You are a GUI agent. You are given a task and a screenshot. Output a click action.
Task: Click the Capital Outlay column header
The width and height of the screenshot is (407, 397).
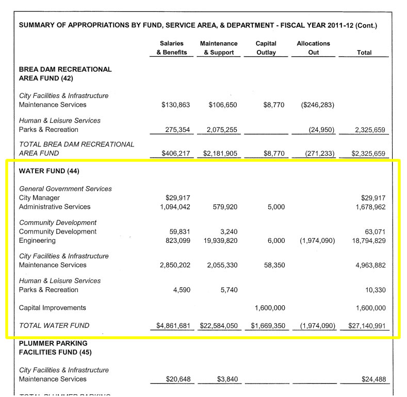tap(266, 48)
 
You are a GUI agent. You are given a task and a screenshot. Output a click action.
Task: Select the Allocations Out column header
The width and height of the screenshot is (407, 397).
tap(313, 48)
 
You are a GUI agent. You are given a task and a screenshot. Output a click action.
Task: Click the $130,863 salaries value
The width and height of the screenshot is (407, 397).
tap(175, 105)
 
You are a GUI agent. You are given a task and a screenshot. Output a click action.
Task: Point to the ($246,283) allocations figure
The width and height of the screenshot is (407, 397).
tap(317, 105)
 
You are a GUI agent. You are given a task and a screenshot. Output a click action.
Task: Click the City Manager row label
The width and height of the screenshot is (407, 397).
tap(39, 198)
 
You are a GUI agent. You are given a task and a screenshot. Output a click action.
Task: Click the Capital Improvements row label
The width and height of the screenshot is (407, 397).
tap(52, 308)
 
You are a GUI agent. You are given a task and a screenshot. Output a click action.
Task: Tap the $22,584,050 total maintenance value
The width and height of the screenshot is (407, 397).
tap(217, 325)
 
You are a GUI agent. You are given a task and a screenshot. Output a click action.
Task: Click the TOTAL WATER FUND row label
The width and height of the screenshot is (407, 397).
tap(54, 325)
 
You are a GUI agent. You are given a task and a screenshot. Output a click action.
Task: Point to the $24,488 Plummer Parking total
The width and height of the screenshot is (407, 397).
tap(373, 379)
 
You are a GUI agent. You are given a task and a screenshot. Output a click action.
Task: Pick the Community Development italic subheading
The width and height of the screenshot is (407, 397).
tap(58, 223)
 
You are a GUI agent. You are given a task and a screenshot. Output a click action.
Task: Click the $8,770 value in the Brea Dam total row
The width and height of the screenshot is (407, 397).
tap(274, 153)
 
